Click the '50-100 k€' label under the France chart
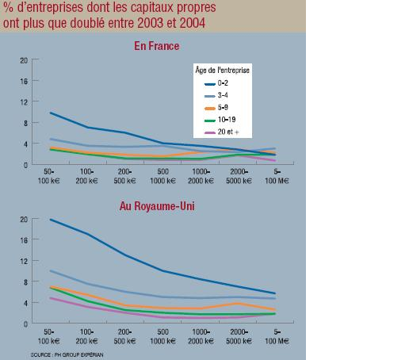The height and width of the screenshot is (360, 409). click(52, 176)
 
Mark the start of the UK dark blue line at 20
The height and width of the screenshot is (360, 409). click(51, 220)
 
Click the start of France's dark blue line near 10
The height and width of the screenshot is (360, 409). click(51, 113)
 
